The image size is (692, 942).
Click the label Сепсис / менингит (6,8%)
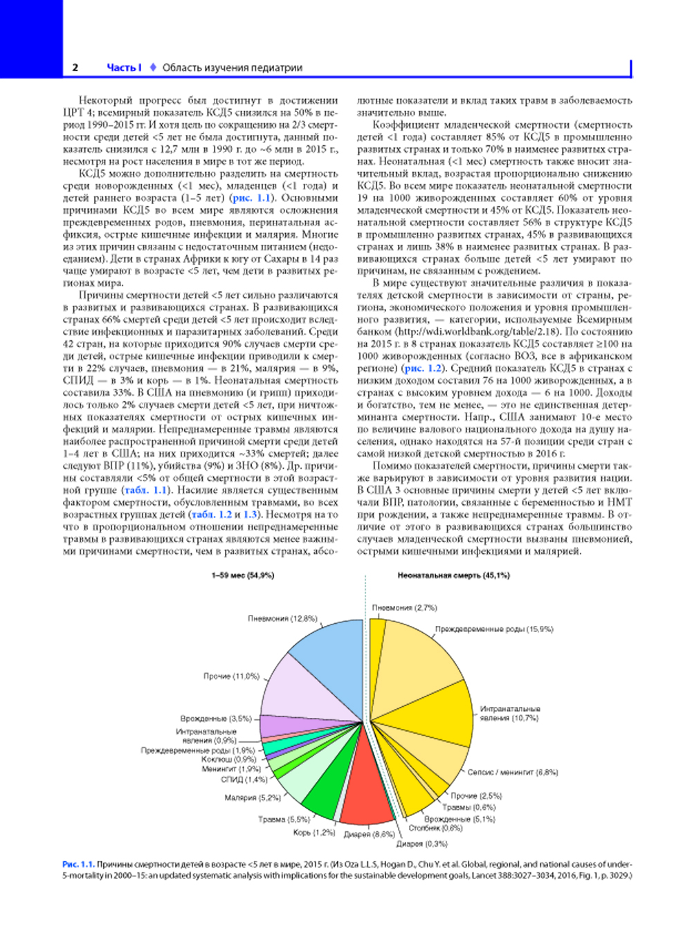[x=512, y=772]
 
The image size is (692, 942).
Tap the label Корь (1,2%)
[x=313, y=833]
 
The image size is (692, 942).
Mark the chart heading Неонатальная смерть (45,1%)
[x=453, y=575]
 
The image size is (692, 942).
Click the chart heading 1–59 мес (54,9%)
[x=242, y=575]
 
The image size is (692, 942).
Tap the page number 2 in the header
[x=75, y=68]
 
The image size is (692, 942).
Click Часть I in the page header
[x=124, y=68]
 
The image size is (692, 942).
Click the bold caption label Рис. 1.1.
[x=78, y=864]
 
